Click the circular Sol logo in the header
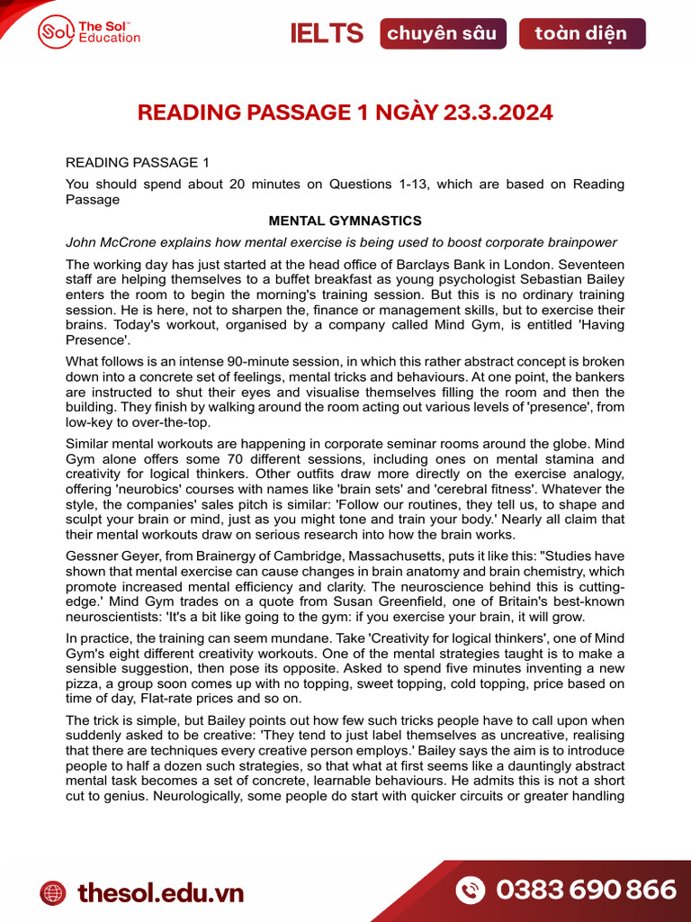(x=56, y=33)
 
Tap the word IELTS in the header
(x=327, y=34)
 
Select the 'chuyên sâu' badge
(x=442, y=34)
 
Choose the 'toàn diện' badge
(x=581, y=34)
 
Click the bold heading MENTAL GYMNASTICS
(x=345, y=221)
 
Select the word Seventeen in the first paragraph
(x=593, y=265)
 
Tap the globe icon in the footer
(x=53, y=892)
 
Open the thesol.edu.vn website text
(x=160, y=892)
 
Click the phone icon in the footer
(x=471, y=890)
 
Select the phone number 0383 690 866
(x=586, y=890)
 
